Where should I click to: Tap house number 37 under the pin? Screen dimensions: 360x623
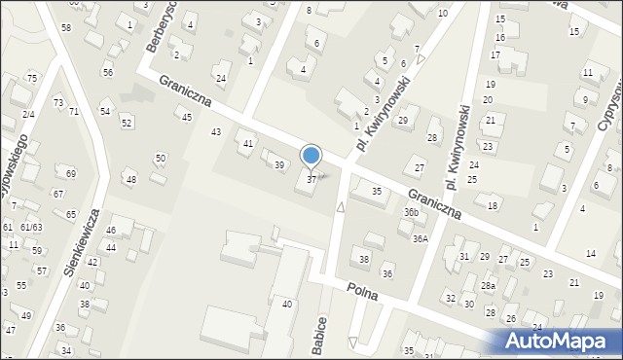click(x=311, y=179)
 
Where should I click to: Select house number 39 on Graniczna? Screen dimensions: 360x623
click(x=279, y=165)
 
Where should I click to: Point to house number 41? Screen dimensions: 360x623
click(x=248, y=144)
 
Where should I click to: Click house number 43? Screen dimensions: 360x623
click(x=216, y=131)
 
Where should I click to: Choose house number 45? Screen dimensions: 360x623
click(x=187, y=117)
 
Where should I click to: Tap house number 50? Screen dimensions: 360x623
click(x=161, y=158)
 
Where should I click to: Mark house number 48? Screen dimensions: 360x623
click(x=131, y=180)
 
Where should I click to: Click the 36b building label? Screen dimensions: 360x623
click(x=412, y=212)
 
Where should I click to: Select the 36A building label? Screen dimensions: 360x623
click(x=420, y=238)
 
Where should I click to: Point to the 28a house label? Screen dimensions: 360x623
click(x=488, y=286)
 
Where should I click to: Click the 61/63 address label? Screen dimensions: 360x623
click(x=31, y=227)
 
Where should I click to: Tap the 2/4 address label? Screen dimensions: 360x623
click(x=29, y=115)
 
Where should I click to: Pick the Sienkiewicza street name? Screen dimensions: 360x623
click(x=82, y=240)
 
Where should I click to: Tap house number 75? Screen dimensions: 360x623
click(x=32, y=78)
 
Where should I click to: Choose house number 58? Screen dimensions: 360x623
click(x=65, y=27)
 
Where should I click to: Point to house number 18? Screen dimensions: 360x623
click(x=493, y=205)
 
